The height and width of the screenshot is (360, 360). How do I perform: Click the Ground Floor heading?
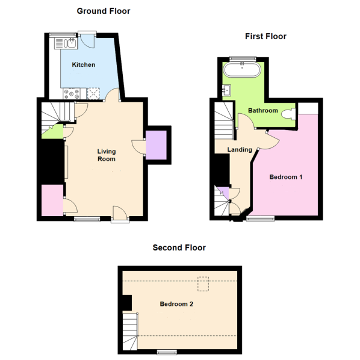[x=103, y=11]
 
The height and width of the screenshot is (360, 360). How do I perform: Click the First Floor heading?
[x=265, y=36]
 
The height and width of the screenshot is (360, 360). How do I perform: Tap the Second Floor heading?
[x=179, y=247]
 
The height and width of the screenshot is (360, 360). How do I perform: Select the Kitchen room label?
[x=84, y=65]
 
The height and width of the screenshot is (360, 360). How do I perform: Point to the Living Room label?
[x=107, y=155]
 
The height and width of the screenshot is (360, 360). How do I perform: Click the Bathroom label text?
[x=262, y=111]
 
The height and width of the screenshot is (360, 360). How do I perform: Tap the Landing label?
[x=239, y=150]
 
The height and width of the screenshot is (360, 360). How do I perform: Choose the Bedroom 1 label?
[x=285, y=177]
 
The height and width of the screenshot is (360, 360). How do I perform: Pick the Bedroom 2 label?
[x=176, y=304]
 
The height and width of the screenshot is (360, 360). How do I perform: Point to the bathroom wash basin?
[x=227, y=91]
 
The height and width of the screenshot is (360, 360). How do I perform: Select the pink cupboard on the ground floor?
[x=52, y=200]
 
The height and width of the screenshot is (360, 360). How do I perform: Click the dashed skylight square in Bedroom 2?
[x=204, y=282]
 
